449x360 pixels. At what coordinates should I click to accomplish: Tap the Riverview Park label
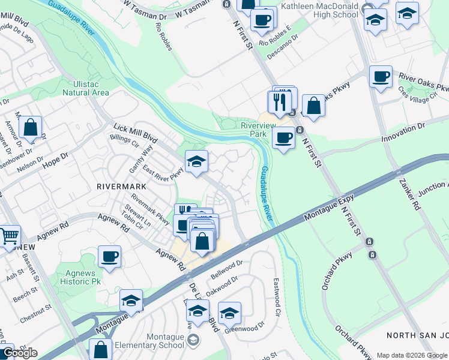click(258, 130)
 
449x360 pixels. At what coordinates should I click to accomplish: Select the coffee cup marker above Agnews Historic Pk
click(109, 256)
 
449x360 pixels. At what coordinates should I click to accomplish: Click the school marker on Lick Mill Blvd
click(196, 161)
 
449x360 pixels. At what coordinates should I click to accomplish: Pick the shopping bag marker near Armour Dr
click(30, 127)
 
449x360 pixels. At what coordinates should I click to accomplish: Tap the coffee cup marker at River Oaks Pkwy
click(381, 77)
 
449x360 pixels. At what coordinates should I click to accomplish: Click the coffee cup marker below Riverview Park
click(284, 137)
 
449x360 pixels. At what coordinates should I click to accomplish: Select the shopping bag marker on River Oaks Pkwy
click(313, 105)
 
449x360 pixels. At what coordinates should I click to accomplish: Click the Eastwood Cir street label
click(277, 297)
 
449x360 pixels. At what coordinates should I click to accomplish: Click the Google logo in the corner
click(19, 353)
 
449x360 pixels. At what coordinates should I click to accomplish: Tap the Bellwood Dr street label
click(226, 269)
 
